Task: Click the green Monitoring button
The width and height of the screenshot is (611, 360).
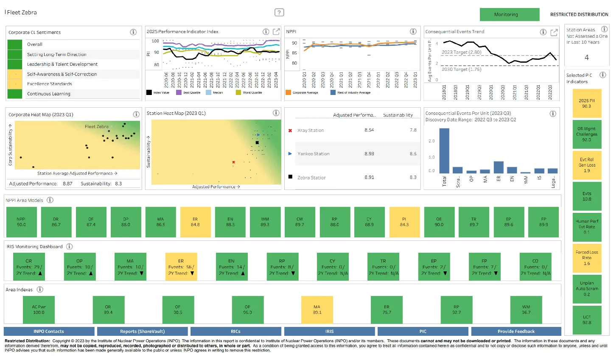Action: click(x=509, y=14)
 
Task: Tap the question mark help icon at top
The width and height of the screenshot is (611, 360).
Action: click(x=279, y=12)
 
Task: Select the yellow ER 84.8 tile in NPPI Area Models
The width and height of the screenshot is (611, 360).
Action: click(x=195, y=222)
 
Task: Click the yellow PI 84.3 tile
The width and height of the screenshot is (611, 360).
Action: click(x=404, y=222)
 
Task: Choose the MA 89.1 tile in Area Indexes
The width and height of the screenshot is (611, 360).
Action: click(x=317, y=310)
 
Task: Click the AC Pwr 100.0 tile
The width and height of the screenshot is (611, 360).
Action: click(x=39, y=310)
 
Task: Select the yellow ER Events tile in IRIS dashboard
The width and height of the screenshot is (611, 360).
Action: click(x=181, y=267)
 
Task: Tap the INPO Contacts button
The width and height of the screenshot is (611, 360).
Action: click(x=49, y=331)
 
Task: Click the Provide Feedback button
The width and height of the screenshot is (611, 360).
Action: click(x=516, y=331)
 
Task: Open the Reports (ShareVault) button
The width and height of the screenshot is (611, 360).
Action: click(x=142, y=331)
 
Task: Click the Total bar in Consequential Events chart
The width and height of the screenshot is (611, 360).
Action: click(x=444, y=151)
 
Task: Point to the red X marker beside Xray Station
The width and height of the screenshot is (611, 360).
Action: click(x=290, y=131)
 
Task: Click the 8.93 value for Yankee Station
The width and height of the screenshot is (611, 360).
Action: click(x=369, y=153)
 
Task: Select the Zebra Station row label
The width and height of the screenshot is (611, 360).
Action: click(x=311, y=178)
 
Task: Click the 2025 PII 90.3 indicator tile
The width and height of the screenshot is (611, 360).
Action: click(x=586, y=103)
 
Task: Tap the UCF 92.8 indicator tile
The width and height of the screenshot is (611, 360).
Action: click(x=586, y=320)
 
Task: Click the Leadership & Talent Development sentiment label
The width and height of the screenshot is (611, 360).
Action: click(x=62, y=64)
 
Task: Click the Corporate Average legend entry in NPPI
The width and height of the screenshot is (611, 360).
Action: click(x=305, y=92)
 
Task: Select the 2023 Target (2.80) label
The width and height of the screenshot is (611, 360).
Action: click(x=461, y=52)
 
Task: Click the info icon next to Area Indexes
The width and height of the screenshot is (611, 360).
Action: click(x=40, y=289)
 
